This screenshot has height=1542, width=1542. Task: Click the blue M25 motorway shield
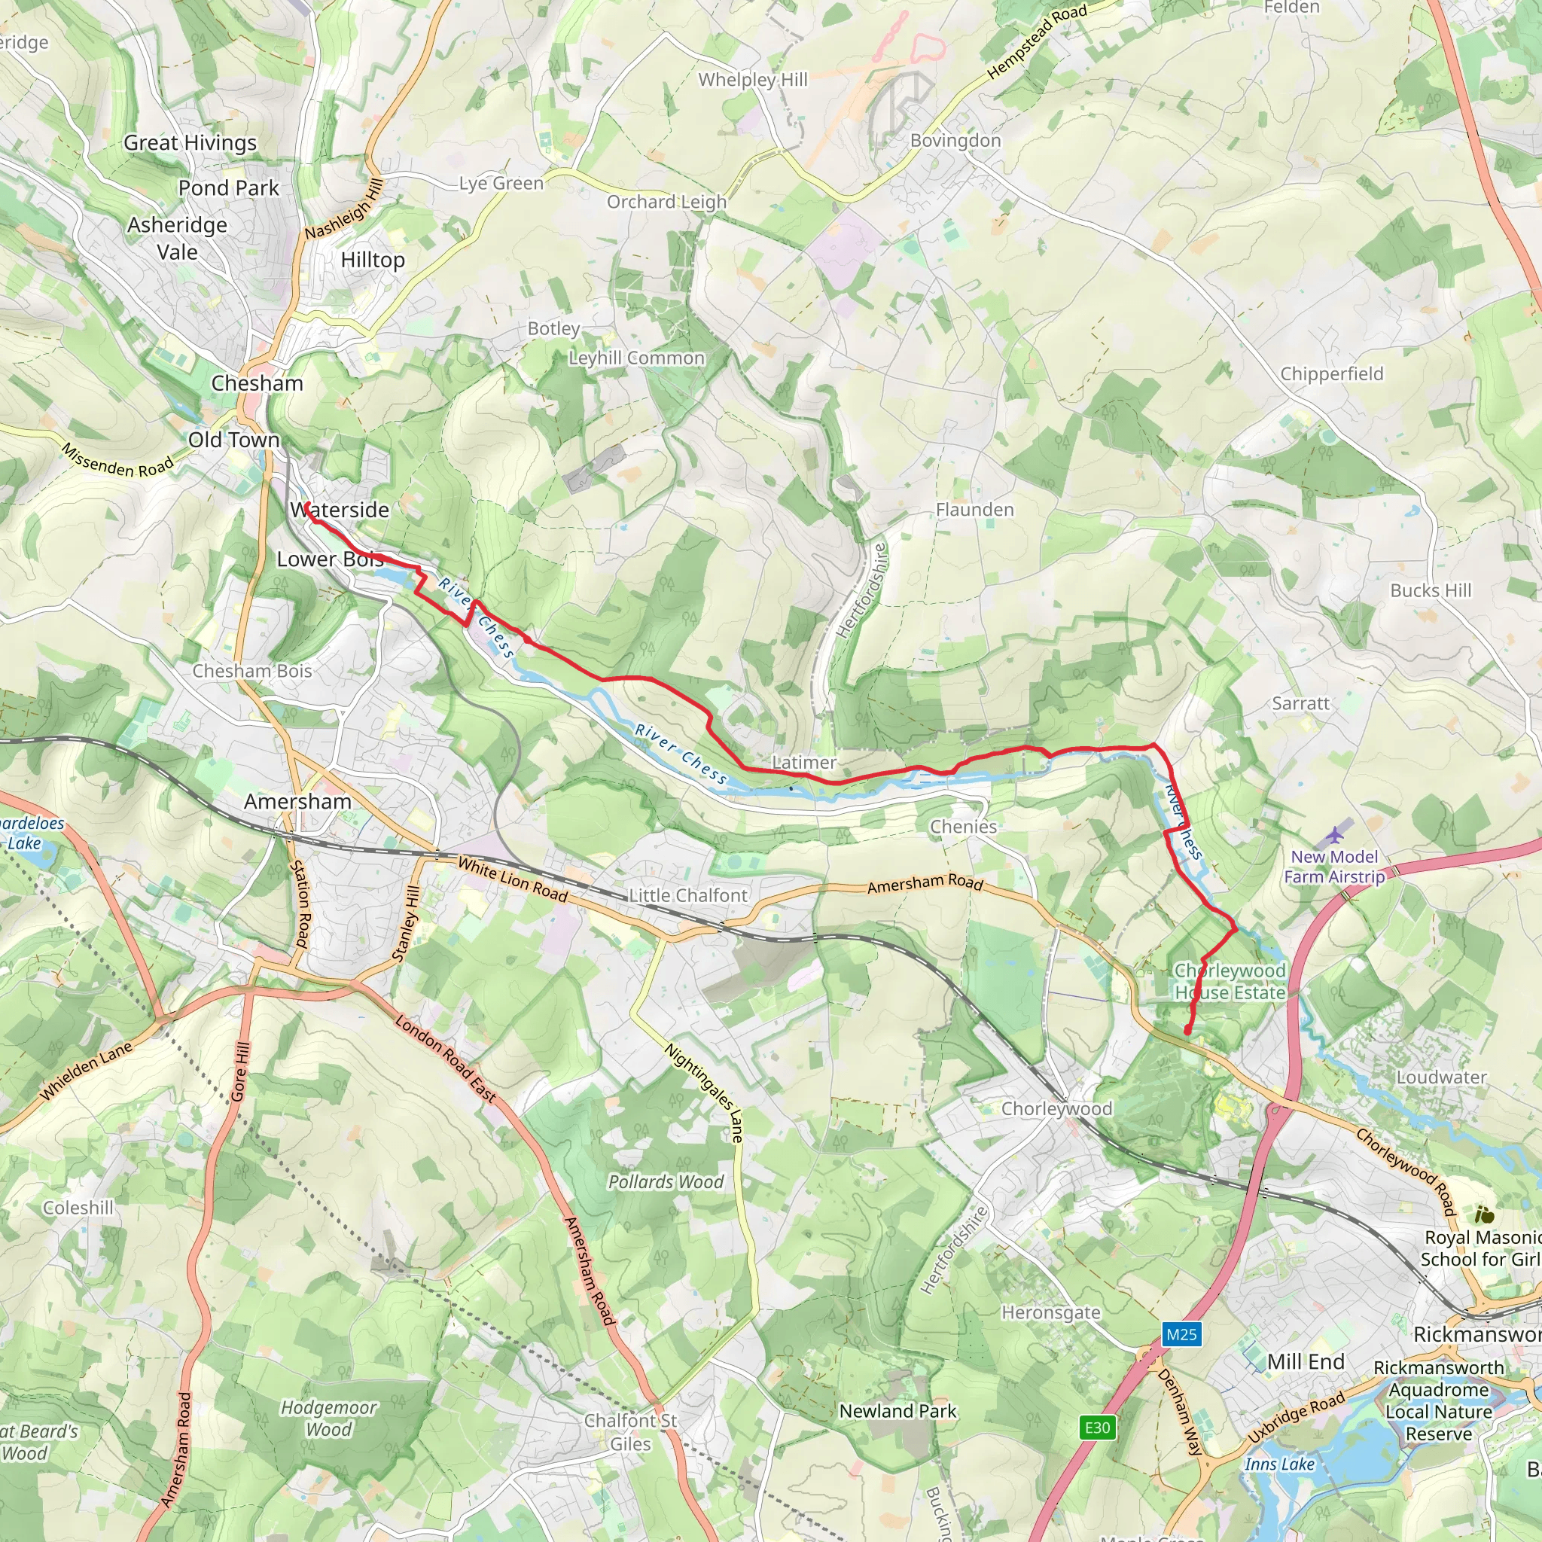click(x=1181, y=1333)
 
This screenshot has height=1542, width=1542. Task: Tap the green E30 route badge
click(x=1098, y=1427)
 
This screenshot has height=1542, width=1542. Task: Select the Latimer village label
click(x=803, y=762)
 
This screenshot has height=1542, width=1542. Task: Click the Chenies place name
click(x=963, y=827)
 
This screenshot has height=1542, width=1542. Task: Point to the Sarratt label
click(x=1300, y=703)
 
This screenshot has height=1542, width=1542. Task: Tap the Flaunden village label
click(x=974, y=509)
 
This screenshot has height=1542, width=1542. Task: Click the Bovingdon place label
click(x=955, y=141)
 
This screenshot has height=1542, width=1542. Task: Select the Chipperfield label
click(x=1331, y=373)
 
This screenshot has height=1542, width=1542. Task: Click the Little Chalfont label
click(x=688, y=895)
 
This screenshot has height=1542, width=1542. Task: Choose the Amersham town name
click(x=297, y=801)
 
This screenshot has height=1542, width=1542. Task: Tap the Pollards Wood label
click(x=666, y=1182)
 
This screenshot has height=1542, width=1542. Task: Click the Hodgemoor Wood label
click(x=328, y=1419)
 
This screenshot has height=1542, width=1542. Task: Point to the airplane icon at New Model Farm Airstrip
click(x=1334, y=837)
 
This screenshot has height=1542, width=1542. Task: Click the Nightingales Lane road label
click(x=705, y=1093)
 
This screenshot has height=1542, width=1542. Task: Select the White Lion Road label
click(x=513, y=879)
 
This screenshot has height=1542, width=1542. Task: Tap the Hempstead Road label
click(x=1037, y=41)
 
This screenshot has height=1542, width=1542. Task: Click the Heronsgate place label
click(x=1050, y=1313)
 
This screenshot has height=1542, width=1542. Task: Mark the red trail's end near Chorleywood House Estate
click(x=1187, y=1032)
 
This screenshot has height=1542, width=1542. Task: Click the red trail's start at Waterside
click(x=305, y=504)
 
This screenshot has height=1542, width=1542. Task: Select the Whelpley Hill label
click(x=753, y=80)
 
